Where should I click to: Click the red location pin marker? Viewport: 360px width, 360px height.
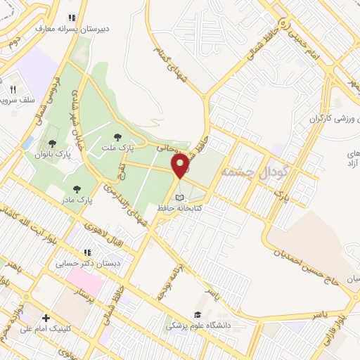(181, 166)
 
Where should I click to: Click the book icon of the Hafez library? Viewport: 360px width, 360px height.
(180, 198)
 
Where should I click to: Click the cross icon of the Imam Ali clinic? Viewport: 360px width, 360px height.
(46, 318)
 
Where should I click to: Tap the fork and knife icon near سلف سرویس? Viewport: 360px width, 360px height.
(13, 90)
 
